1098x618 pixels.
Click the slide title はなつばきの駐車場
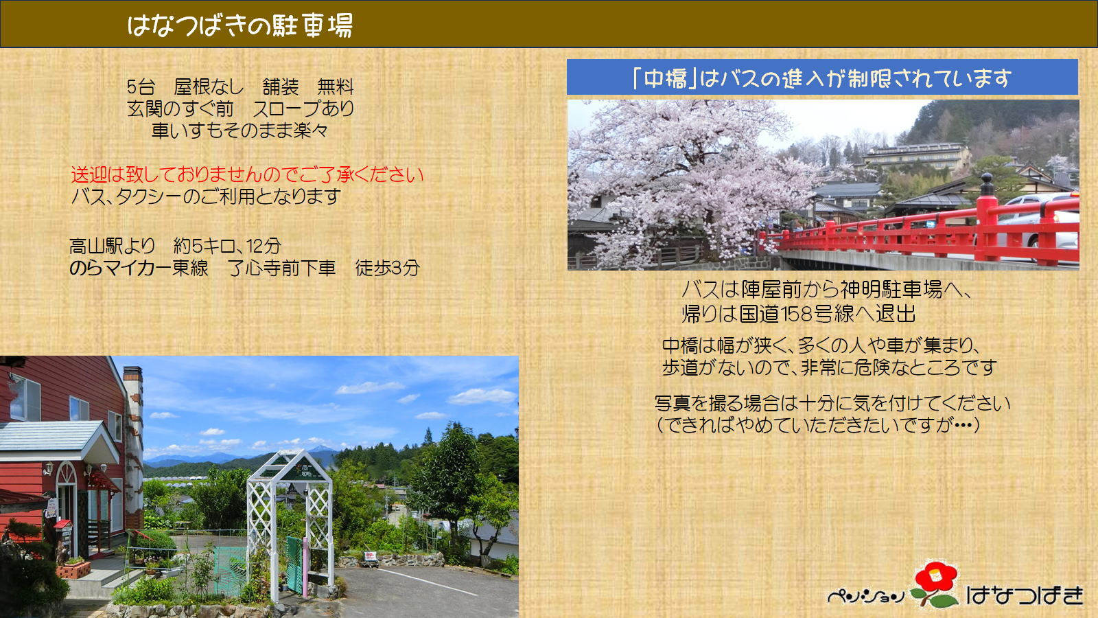[240, 25]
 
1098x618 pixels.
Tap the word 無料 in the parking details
[336, 87]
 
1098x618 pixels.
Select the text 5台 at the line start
[141, 87]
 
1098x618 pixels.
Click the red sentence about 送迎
[248, 174]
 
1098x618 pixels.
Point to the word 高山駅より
[113, 246]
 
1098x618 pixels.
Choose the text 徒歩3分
[387, 268]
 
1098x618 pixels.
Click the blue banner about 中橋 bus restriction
[822, 78]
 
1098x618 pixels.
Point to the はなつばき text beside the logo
[1025, 595]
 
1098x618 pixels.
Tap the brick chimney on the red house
[133, 442]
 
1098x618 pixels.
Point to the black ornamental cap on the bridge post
[987, 185]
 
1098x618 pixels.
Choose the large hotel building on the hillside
[917, 157]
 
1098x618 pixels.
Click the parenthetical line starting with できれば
[817, 425]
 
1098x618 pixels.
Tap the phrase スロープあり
[303, 108]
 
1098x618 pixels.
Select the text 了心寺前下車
[282, 268]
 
